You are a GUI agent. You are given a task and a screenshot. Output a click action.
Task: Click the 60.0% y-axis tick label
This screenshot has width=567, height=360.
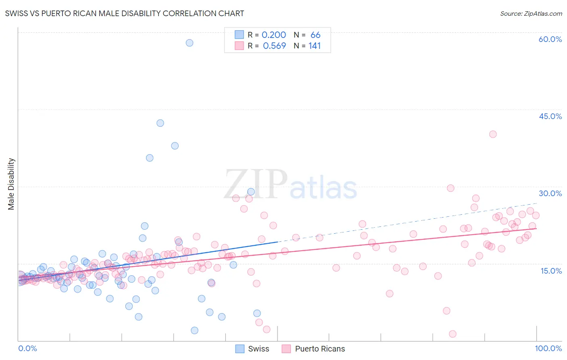550,39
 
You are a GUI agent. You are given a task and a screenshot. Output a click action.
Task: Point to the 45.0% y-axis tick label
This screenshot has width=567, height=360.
550,116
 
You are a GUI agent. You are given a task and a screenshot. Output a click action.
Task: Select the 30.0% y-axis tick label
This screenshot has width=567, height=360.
550,193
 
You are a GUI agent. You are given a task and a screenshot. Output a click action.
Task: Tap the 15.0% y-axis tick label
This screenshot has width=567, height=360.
551,271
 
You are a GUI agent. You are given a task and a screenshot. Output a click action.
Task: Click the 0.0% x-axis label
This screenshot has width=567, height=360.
27,348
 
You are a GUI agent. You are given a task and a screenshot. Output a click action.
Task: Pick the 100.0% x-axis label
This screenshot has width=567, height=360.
548,348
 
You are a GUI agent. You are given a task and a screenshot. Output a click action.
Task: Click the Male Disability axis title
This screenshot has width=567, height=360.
11,184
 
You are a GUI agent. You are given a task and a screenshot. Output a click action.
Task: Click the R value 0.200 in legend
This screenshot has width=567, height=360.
273,35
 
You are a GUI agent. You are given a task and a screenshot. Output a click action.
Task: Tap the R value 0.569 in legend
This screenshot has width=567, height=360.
274,46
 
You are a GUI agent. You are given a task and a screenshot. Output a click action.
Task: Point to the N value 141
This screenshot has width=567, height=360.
314,46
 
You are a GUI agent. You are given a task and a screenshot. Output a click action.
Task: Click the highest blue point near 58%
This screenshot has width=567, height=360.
190,43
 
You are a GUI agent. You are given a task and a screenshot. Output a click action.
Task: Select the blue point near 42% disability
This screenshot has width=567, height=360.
160,123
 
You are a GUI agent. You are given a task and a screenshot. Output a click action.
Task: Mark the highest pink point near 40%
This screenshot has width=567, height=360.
493,134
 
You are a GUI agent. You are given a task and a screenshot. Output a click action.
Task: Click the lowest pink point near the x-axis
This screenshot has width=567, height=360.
452,334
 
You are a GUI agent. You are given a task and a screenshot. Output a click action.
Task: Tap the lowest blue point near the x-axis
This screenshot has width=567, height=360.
194,331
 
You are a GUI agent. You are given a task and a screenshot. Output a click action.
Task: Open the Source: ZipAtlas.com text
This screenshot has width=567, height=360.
531,13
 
